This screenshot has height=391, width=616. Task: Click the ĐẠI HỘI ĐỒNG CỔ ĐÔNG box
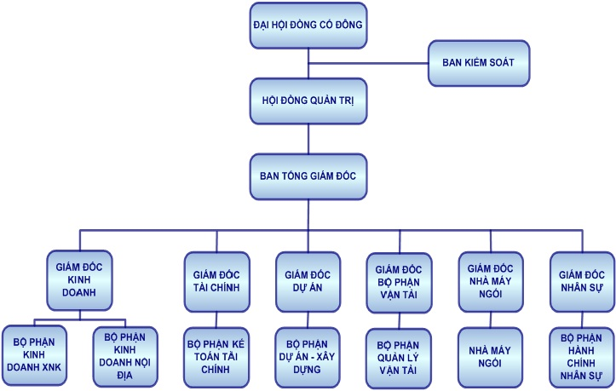point(308,25)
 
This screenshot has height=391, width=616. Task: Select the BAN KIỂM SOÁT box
point(479,63)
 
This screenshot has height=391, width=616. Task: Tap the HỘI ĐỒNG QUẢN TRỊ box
point(308,100)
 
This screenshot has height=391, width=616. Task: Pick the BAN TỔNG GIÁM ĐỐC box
point(308,176)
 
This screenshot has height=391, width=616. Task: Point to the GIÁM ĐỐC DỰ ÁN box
point(308,277)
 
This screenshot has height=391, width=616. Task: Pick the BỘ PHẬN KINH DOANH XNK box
point(36,352)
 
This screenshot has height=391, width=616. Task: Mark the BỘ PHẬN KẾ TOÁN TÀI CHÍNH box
point(216,352)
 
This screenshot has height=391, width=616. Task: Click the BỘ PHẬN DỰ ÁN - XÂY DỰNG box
point(308,352)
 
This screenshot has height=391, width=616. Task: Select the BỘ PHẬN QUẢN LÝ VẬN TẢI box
point(400,352)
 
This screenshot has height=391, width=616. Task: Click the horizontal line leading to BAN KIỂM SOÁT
point(368,63)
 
